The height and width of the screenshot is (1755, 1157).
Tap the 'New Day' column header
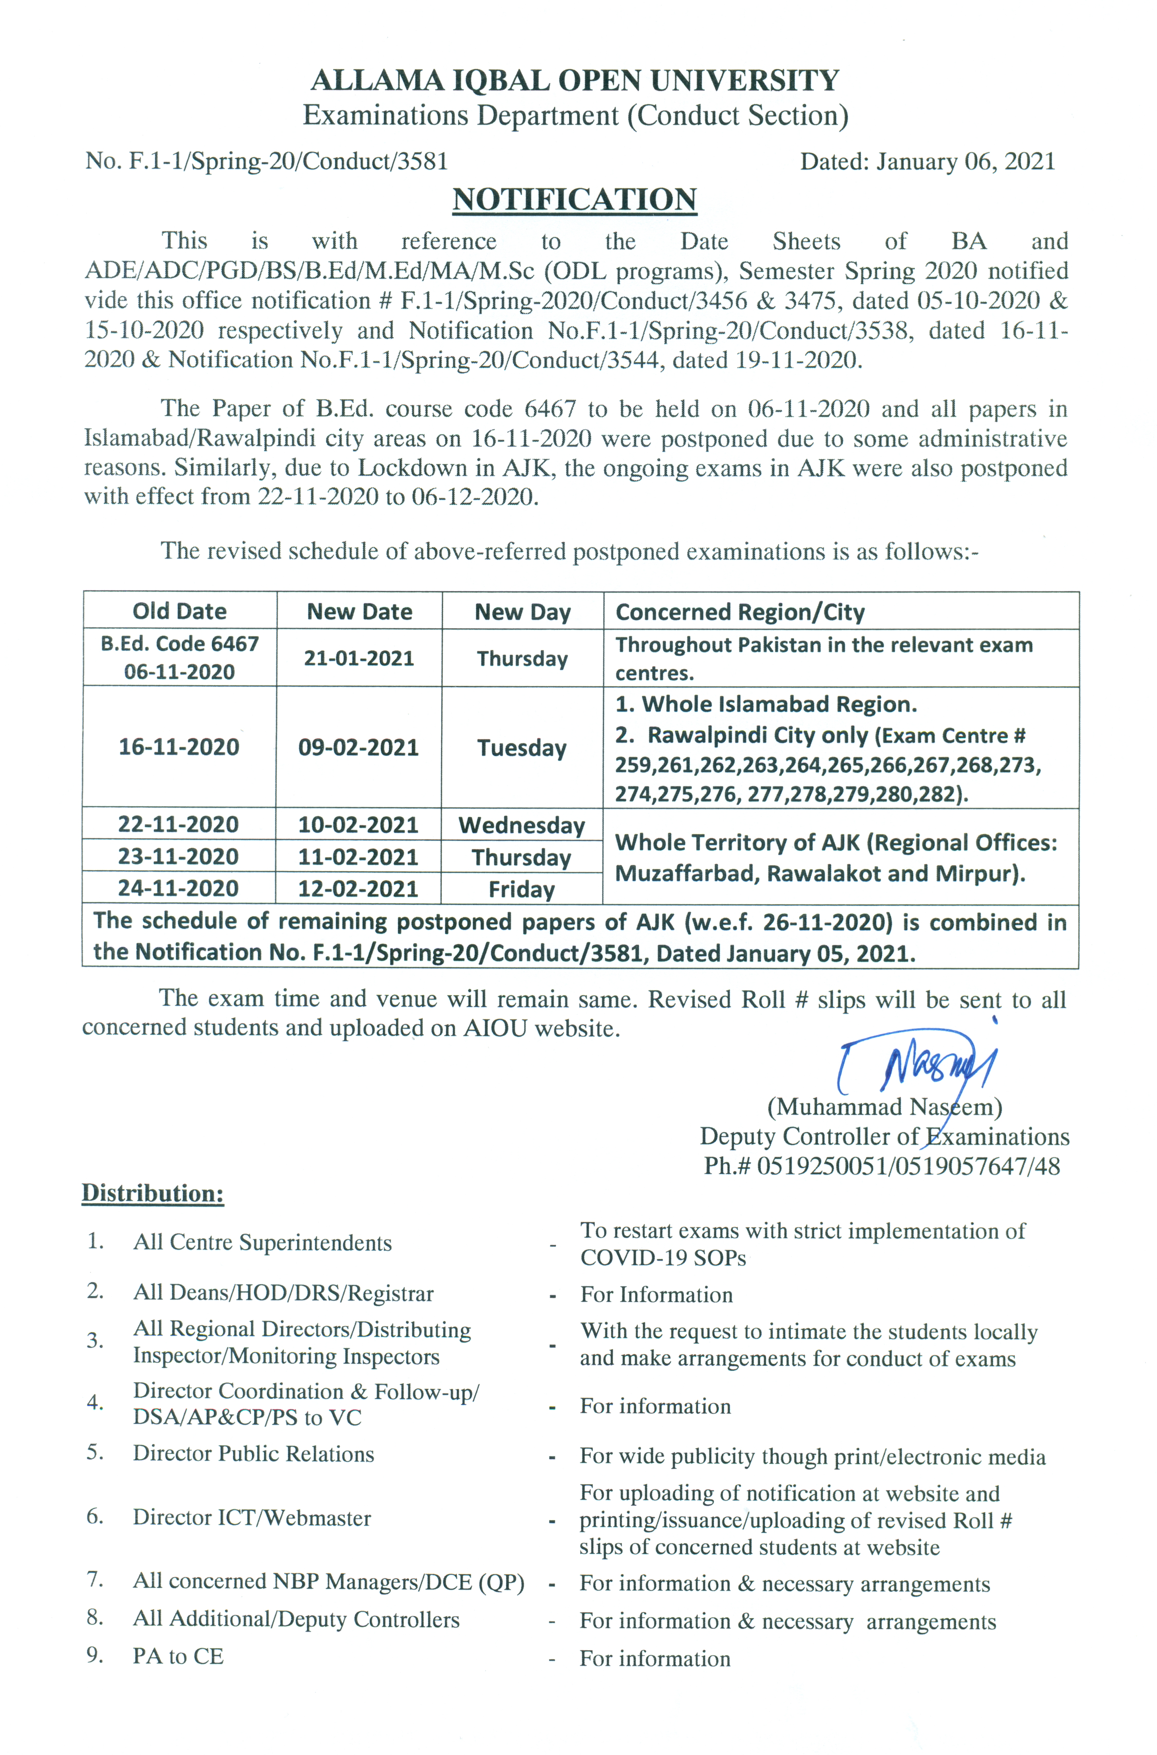point(522,612)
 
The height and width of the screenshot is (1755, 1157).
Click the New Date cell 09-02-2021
point(359,748)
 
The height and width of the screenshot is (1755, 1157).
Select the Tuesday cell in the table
point(522,748)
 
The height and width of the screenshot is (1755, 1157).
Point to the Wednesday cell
point(522,825)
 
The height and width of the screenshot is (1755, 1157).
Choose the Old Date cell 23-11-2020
point(178,857)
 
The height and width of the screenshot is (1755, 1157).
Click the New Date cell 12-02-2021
point(359,889)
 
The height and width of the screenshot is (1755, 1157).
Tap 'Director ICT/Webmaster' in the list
point(252,1517)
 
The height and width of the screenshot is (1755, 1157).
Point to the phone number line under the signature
point(882,1166)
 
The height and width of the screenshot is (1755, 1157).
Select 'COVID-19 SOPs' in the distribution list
point(663,1258)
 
